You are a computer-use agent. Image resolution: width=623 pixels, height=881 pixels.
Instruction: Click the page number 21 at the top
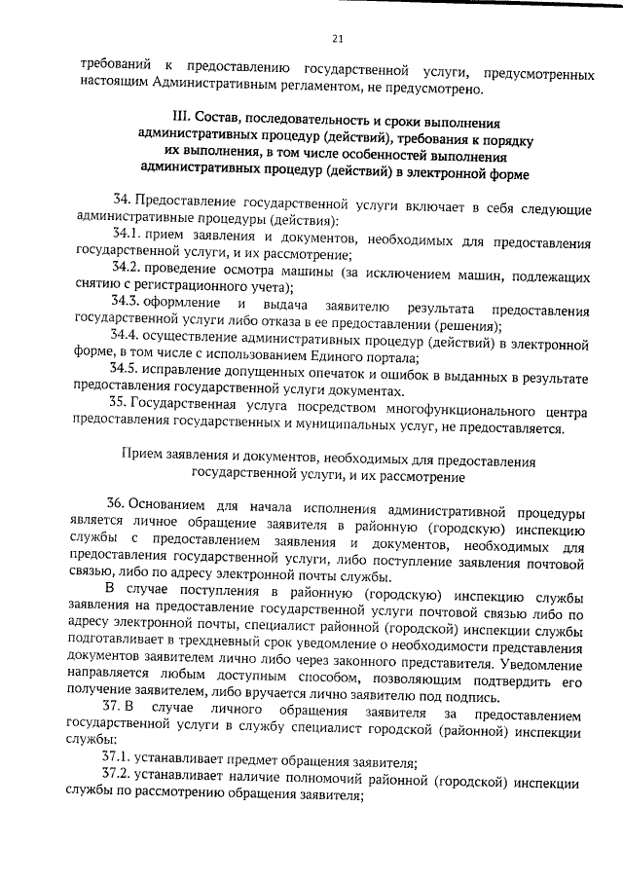337,39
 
